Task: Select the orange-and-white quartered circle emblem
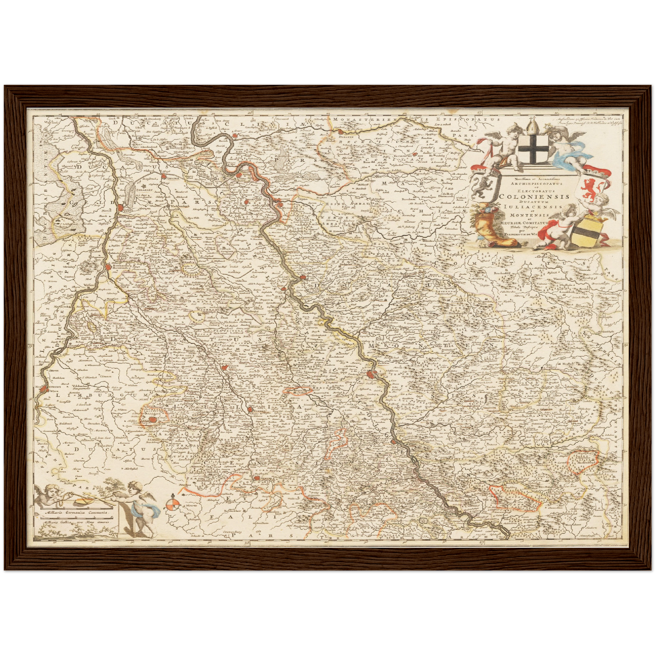(171, 504)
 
